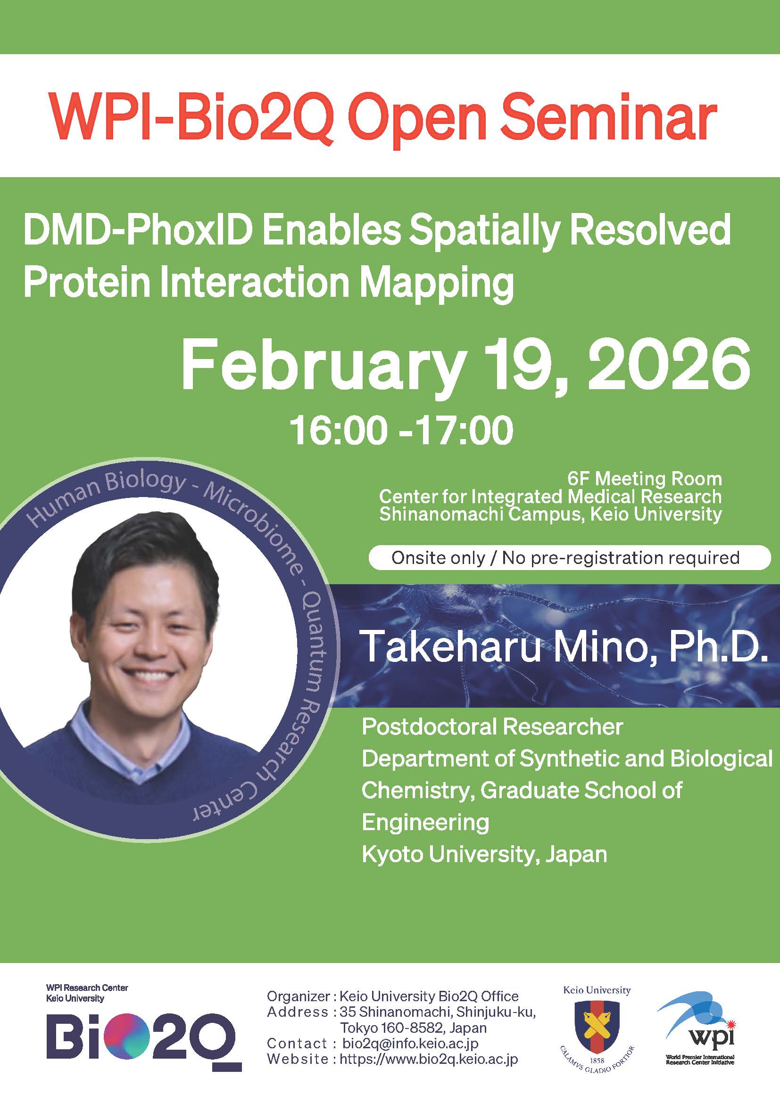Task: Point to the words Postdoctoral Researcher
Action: (492, 727)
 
